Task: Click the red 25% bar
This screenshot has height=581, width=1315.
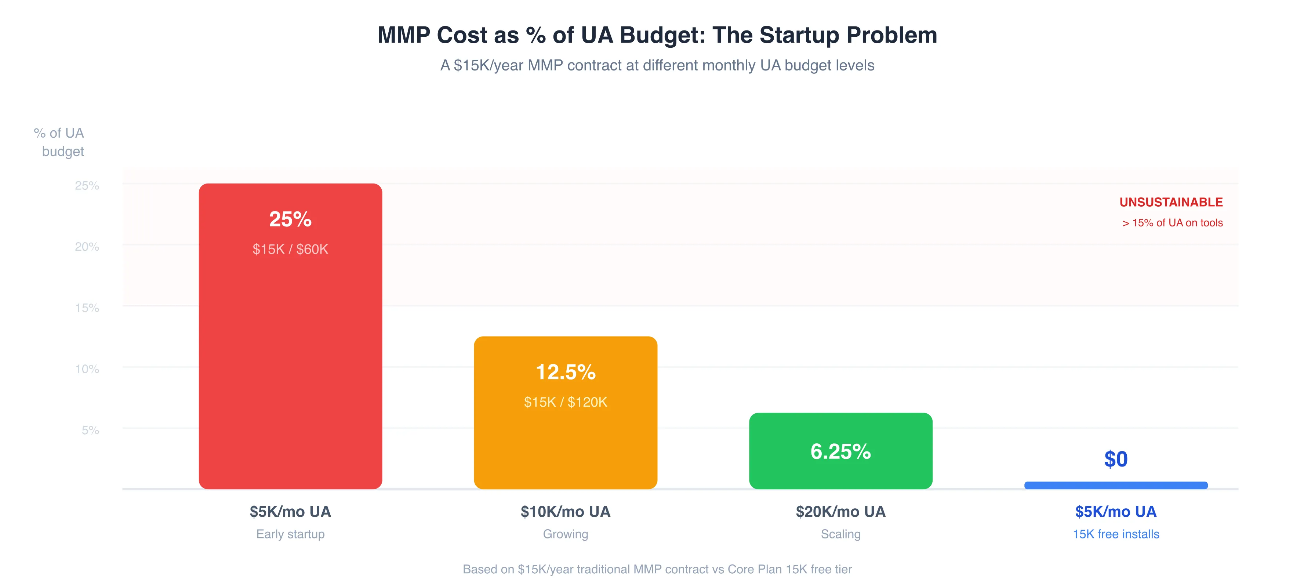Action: (290, 357)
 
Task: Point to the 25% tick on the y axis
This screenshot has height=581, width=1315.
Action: (87, 185)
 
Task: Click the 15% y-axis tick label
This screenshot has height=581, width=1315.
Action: (87, 308)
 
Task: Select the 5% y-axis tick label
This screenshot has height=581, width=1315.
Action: (90, 431)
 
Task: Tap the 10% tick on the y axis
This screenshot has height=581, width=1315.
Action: (87, 369)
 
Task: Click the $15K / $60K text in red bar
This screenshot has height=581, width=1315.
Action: (290, 249)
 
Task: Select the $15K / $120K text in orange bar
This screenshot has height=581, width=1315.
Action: (565, 402)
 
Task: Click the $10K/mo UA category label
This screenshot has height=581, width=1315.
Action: (565, 512)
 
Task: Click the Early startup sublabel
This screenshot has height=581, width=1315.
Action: (290, 534)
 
